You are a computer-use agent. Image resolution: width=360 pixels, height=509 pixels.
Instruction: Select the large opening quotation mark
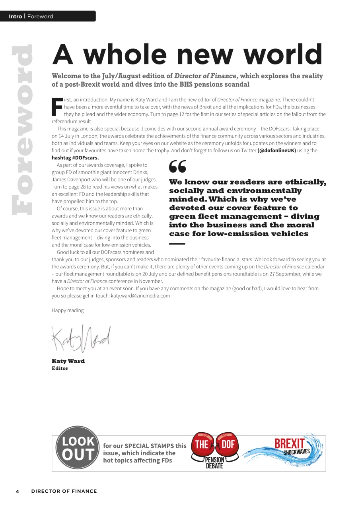tap(177, 167)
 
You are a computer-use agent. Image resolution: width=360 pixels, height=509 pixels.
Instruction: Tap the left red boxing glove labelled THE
tap(203, 445)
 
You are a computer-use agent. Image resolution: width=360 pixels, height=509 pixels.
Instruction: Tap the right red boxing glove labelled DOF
tap(228, 445)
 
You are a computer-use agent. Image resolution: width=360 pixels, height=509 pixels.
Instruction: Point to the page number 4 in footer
tap(17, 491)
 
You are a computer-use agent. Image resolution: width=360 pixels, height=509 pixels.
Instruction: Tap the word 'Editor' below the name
tap(60, 368)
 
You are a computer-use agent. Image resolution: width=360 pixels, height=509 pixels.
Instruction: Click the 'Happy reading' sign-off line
tap(68, 310)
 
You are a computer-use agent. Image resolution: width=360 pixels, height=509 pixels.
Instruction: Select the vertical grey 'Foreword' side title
tap(22, 130)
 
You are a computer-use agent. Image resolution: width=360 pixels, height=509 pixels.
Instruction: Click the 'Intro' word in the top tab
tap(15, 16)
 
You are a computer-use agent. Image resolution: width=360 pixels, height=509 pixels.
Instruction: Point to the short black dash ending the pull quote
tap(177, 243)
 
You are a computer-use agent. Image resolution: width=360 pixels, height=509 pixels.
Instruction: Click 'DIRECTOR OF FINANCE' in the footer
tap(64, 491)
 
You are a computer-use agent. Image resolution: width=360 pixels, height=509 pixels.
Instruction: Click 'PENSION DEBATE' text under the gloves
tap(215, 463)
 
